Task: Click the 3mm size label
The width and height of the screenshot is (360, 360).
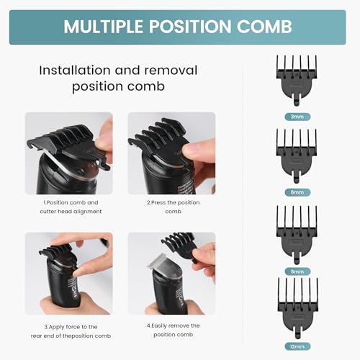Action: pyautogui.click(x=297, y=116)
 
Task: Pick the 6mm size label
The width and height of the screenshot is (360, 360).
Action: pyautogui.click(x=297, y=192)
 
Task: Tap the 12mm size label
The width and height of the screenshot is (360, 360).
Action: pyautogui.click(x=297, y=346)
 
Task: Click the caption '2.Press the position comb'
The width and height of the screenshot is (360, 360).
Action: pyautogui.click(x=171, y=207)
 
